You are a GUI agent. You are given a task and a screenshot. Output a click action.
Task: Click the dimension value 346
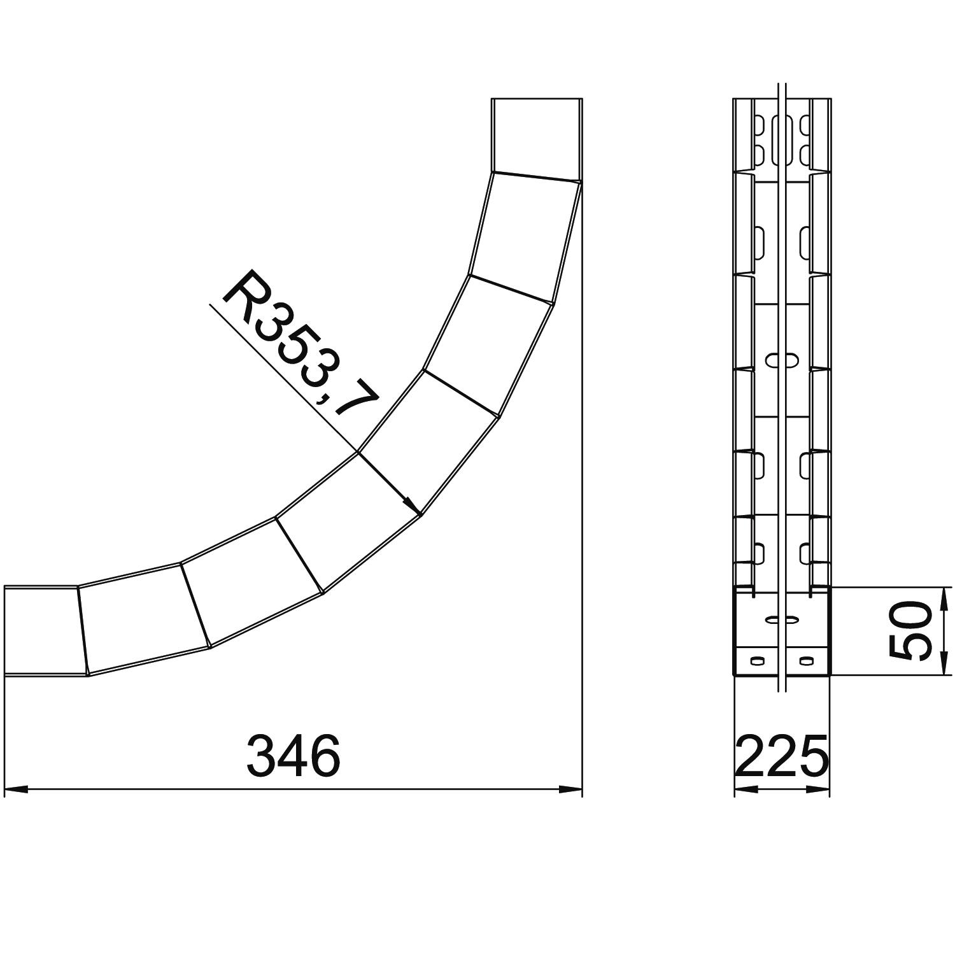(294, 756)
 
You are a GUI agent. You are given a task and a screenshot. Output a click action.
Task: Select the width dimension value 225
(782, 756)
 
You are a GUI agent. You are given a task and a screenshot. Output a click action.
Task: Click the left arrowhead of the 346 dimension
(16, 790)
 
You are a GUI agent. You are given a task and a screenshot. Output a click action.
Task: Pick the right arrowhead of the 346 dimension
(570, 790)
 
